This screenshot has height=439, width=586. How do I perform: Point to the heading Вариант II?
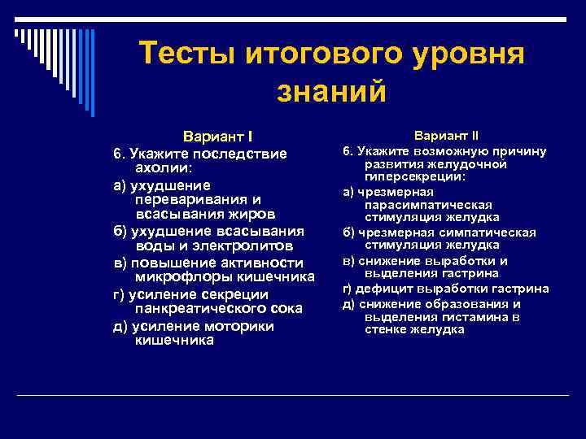[446, 134]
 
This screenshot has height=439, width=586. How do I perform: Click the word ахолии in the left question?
[163, 168]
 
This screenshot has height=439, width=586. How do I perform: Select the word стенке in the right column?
[385, 329]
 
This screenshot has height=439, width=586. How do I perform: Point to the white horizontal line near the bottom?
[293, 396]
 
